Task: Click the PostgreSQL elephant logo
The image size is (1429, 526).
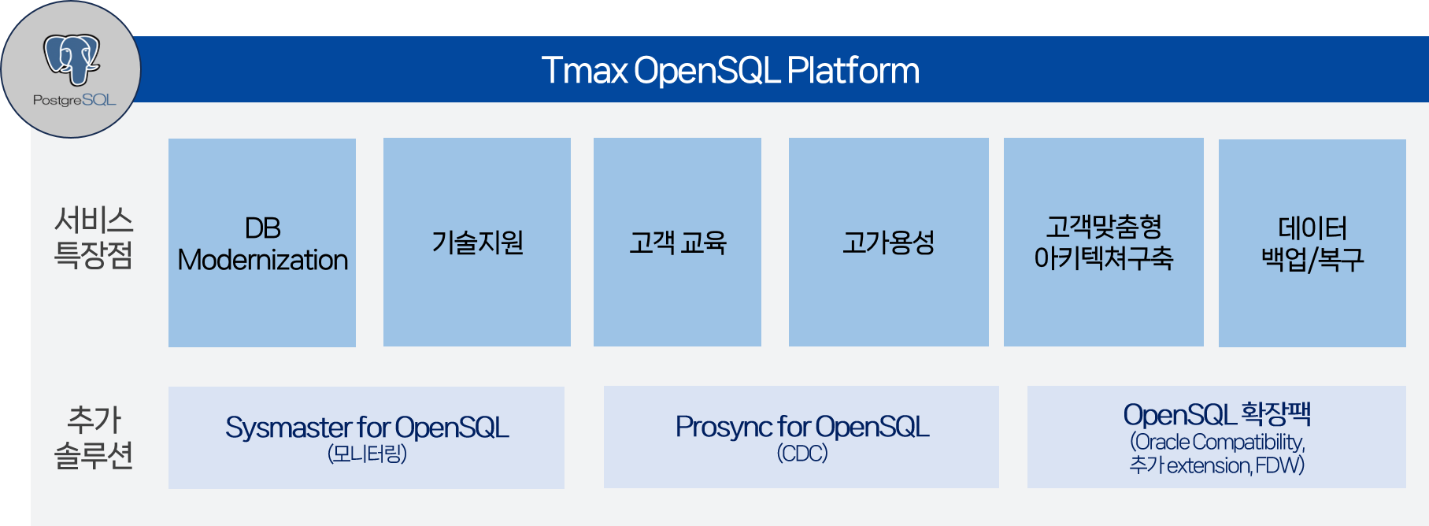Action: (72, 58)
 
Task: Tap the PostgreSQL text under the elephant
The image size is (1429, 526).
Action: (74, 100)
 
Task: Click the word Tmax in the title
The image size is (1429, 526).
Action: (584, 70)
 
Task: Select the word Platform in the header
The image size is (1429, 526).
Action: (853, 70)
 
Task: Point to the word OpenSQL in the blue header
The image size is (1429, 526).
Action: (706, 70)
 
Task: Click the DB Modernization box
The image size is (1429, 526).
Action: (262, 243)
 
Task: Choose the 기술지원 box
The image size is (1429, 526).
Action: (477, 243)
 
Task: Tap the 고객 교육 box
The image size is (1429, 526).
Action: (677, 243)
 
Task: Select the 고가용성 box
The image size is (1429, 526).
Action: (888, 243)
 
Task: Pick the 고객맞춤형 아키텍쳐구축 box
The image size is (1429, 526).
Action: (1103, 243)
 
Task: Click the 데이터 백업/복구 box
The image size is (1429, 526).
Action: (1312, 243)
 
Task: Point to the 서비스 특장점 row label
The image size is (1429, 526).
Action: (93, 237)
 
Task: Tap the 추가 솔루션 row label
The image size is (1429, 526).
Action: (93, 437)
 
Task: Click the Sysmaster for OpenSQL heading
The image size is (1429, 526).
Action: (367, 428)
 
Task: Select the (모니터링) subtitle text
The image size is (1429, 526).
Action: (367, 454)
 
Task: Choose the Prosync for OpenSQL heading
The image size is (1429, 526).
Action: (801, 427)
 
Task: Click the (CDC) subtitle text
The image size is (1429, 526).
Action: (801, 454)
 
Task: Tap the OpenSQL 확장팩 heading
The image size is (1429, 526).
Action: (1216, 414)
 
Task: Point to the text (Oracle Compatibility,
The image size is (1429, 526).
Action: (1217, 442)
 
